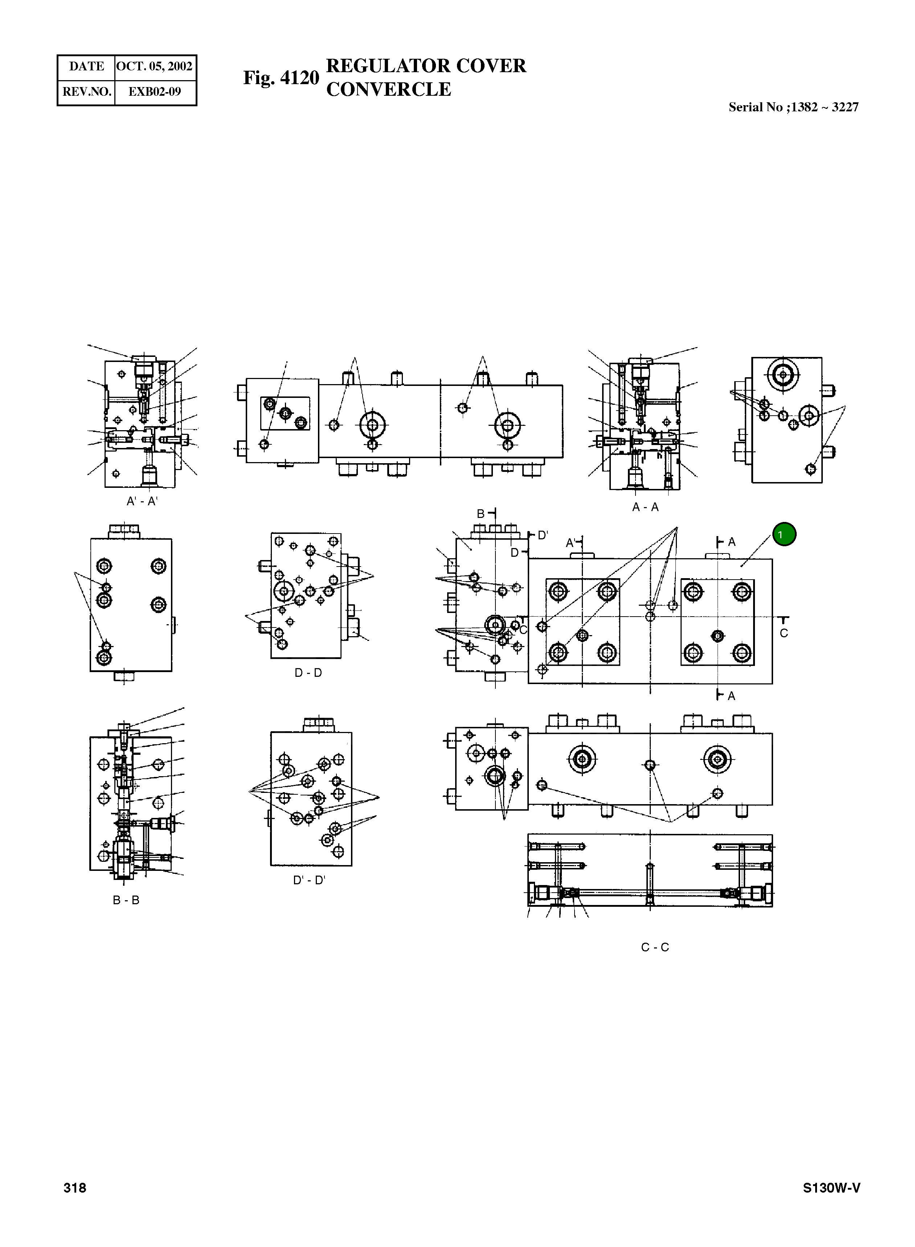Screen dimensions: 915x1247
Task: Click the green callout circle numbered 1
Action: [784, 535]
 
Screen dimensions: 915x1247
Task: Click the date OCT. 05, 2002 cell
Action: [155, 66]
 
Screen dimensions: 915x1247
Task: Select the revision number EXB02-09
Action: [155, 92]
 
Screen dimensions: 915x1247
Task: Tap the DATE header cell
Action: [86, 66]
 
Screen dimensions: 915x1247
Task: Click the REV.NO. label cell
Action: [86, 92]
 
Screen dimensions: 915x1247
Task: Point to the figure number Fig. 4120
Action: [281, 78]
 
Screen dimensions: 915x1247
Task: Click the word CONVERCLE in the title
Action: [388, 89]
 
